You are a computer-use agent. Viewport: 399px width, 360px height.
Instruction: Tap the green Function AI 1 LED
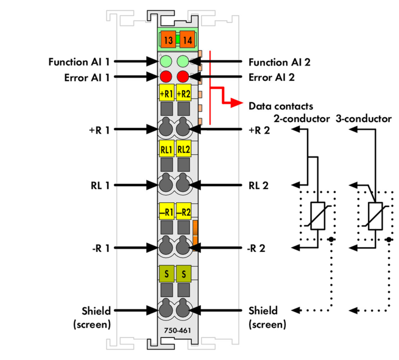(166, 62)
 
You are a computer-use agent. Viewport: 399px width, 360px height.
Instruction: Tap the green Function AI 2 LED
(183, 62)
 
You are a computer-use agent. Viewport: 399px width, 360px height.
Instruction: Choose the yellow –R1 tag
(167, 212)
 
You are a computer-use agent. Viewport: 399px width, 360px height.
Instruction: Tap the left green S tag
(167, 274)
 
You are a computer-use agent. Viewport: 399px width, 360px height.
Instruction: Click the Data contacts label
(281, 106)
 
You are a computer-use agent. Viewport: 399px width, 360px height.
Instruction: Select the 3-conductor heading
(364, 119)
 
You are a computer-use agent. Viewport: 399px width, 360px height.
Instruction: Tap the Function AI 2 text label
(279, 62)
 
